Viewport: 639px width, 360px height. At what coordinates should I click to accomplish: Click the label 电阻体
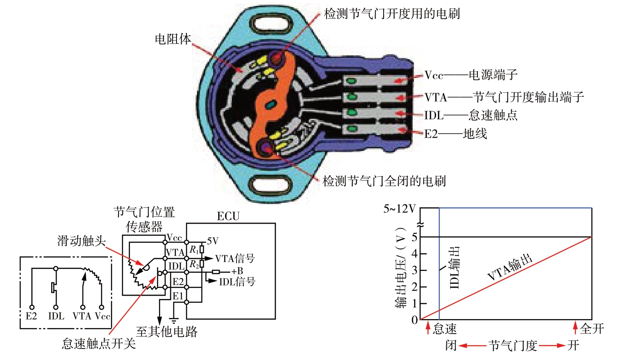click(173, 39)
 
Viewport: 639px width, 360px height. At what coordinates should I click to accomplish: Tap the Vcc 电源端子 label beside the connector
click(471, 75)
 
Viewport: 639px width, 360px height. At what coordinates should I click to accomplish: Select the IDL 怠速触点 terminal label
click(471, 115)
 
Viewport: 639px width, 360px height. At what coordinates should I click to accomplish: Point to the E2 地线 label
click(455, 134)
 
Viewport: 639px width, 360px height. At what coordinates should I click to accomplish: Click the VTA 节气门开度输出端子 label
click(503, 97)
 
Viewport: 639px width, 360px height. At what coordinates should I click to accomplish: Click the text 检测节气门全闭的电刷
click(384, 181)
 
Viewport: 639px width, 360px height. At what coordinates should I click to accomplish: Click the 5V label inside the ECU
click(213, 242)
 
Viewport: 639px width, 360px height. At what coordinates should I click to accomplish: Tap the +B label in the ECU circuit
click(237, 271)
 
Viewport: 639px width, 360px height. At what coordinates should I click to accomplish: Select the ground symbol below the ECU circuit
click(173, 320)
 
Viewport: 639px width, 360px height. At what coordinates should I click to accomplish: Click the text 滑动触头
click(81, 241)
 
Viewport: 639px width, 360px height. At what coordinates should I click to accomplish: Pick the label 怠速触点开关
click(98, 343)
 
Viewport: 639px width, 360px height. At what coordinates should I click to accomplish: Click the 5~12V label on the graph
click(399, 209)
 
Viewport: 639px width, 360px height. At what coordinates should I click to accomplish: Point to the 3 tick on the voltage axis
click(414, 270)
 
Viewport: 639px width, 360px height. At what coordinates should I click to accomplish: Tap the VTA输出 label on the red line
click(510, 267)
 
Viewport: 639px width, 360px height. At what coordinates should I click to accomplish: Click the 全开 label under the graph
click(592, 328)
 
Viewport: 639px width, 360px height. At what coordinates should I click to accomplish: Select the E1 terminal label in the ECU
click(178, 296)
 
